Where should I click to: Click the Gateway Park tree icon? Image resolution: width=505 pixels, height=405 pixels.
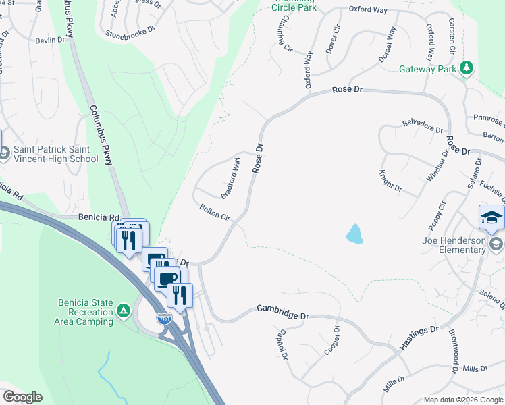[466, 68]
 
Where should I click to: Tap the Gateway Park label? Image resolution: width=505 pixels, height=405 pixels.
[427, 69]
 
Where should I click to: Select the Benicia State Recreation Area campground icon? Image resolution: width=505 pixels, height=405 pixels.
[123, 310]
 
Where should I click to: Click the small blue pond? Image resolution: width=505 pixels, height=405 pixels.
[354, 234]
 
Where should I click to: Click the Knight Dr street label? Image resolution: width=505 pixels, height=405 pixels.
[391, 181]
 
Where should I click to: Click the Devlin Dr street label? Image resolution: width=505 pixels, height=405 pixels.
[50, 40]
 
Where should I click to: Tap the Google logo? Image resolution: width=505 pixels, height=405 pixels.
[22, 397]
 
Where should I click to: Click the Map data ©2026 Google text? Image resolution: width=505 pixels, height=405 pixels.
[462, 400]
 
